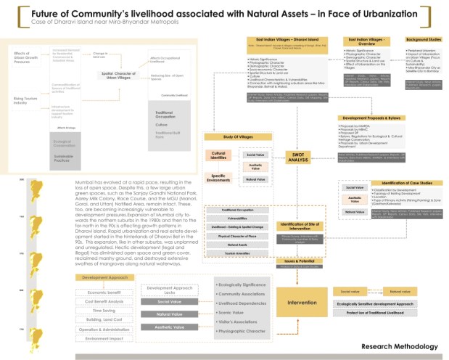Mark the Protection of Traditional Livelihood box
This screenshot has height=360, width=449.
click(x=375, y=313)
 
